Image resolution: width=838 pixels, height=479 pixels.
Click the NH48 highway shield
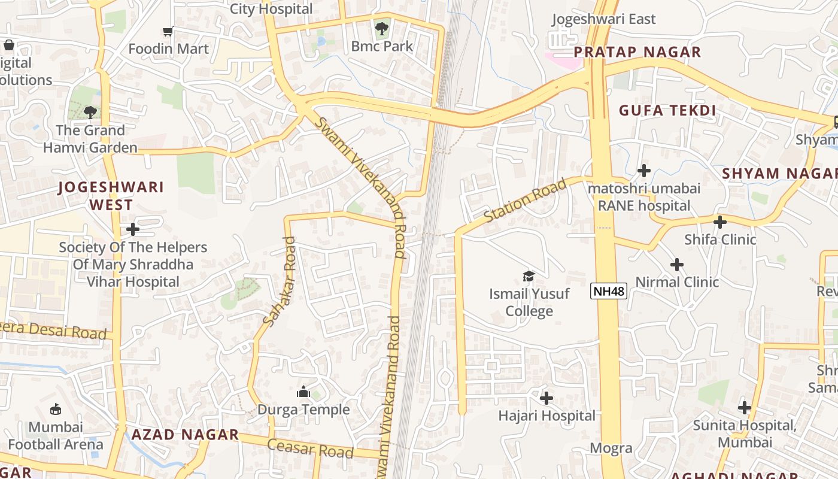click(608, 292)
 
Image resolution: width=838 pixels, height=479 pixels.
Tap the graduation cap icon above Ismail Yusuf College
click(529, 276)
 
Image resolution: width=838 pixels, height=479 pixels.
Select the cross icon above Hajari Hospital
click(546, 398)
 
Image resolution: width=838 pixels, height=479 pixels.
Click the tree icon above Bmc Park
click(381, 28)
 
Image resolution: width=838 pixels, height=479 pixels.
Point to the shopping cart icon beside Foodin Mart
click(168, 31)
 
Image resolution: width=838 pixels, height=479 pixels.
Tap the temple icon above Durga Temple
click(303, 392)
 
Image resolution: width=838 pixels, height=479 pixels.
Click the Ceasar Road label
click(310, 448)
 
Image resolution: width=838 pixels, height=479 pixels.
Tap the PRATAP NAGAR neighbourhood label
click(637, 52)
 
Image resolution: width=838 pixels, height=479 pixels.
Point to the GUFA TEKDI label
click(667, 111)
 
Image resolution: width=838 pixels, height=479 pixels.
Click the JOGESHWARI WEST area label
click(111, 196)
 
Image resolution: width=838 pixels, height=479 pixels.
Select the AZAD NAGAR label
click(185, 435)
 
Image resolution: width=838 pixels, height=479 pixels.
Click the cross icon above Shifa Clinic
click(720, 222)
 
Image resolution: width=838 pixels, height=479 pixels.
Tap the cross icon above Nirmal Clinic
click(677, 265)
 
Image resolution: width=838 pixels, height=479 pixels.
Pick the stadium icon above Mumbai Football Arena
click(56, 410)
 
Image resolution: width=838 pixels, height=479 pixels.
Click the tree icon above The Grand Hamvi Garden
click(90, 112)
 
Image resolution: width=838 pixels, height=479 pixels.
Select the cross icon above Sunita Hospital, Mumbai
click(744, 408)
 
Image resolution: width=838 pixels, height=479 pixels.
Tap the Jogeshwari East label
click(603, 19)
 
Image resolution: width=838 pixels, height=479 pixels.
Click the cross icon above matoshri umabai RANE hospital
click(644, 171)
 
